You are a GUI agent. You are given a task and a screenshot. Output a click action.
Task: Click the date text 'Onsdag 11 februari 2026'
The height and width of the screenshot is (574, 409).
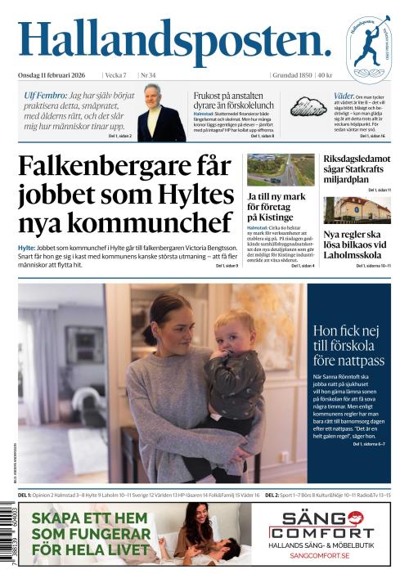tap(54, 75)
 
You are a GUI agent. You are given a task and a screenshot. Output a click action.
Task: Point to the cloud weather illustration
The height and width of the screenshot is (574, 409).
tap(310, 106)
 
